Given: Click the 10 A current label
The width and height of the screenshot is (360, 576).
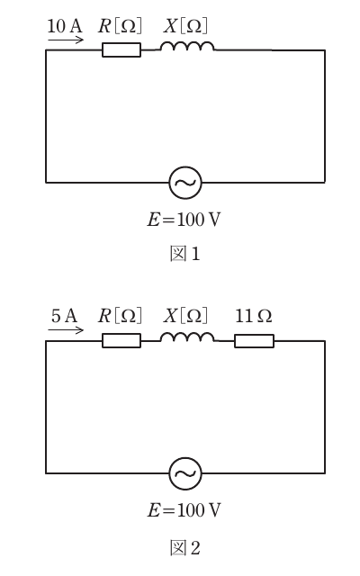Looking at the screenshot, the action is [x=65, y=26].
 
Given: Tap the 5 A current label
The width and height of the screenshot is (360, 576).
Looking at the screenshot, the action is [x=64, y=316].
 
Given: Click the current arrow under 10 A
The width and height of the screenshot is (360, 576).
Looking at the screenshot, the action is [x=66, y=40].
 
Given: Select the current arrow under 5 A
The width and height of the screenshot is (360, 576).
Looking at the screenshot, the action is [x=66, y=330].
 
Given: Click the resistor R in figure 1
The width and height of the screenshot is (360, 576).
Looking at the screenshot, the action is [x=121, y=50].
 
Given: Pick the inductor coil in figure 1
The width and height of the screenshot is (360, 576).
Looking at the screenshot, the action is [x=187, y=46].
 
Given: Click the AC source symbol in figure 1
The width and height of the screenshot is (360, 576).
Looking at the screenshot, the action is [x=185, y=183].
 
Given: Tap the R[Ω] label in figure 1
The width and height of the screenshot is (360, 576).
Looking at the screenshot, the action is [x=120, y=26].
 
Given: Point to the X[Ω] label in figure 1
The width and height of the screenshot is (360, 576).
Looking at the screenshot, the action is [x=185, y=26].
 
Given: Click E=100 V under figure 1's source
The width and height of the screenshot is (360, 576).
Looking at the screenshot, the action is [x=184, y=220].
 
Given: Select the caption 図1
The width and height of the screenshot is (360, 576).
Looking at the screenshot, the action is [x=185, y=254].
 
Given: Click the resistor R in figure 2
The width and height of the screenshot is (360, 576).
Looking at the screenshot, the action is [x=121, y=340].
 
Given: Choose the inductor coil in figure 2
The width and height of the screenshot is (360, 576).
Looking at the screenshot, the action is [x=187, y=337].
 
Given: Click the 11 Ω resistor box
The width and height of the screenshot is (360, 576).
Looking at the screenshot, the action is [x=254, y=341].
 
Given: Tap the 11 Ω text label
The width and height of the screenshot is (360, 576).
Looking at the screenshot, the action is [x=254, y=316].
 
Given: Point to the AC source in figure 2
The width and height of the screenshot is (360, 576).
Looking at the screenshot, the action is [x=185, y=473].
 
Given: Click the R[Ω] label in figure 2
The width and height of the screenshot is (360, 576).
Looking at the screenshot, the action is [x=120, y=316].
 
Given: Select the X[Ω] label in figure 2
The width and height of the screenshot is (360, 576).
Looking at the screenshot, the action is [x=185, y=316].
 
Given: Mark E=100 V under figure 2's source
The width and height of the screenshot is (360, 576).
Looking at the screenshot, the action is [x=184, y=510].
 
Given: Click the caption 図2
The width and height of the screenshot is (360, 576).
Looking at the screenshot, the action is [x=185, y=548].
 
